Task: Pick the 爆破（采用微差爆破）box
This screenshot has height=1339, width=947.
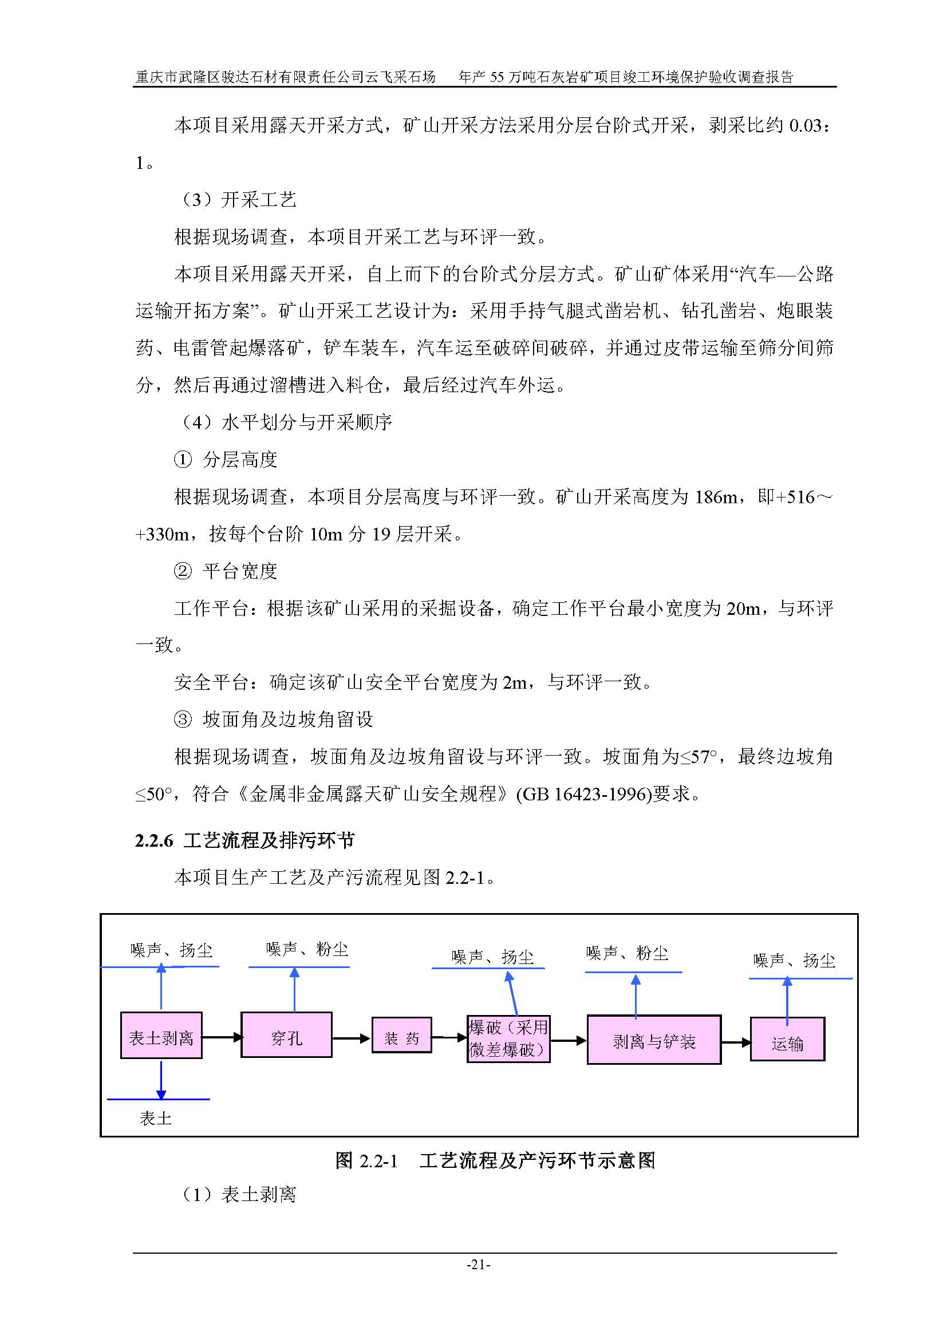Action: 508,1038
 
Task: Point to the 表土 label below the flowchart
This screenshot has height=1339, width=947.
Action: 156,1118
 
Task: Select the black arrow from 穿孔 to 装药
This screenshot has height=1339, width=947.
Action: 352,1038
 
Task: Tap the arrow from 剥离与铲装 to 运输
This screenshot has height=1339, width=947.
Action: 736,1042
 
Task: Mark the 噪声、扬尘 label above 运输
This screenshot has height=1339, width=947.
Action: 794,961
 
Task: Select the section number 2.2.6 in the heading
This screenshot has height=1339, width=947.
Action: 155,840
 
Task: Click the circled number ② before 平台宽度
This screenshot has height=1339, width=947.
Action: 183,571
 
